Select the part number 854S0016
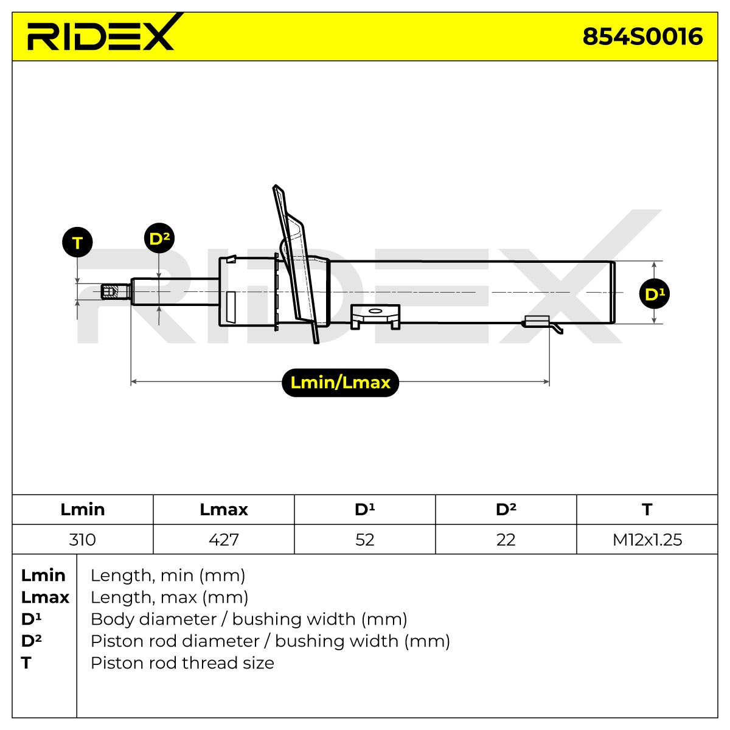pos(642,36)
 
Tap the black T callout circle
pos(77,243)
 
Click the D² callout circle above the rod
pos(159,238)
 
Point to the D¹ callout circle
pos(654,294)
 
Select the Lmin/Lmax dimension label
pos(340,383)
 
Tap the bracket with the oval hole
pos(375,316)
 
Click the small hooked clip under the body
pos(543,324)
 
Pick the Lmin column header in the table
pos(83,510)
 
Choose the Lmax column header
pos(223,510)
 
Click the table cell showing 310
pos(83,540)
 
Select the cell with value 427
pos(223,540)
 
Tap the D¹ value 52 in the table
pos(365,540)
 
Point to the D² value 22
pos(506,540)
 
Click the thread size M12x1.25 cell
pos(647,540)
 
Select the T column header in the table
pos(647,510)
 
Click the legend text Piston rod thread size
pos(182,663)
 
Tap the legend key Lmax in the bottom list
pos(45,597)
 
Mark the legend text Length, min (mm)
pos(168,576)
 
